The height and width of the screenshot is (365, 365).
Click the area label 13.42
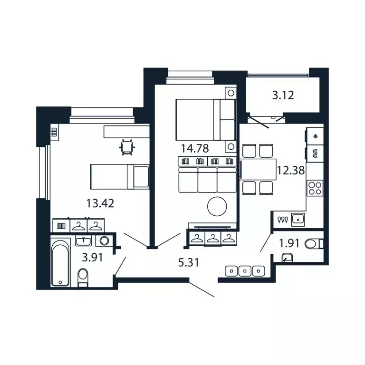pos(100,204)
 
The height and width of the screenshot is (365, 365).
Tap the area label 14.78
pos(194,148)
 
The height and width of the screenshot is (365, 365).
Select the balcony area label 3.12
pos(283,95)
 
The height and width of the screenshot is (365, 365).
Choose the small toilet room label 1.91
pos(288,244)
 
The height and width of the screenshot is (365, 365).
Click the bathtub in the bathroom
pos(60,263)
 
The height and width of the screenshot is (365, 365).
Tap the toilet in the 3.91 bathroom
pos(83,277)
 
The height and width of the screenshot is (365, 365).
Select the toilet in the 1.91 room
pos(314,244)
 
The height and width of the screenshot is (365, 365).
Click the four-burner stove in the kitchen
pos(315,188)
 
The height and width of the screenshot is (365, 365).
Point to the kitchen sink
pos(298,219)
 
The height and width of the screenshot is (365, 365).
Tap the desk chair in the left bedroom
pos(127,147)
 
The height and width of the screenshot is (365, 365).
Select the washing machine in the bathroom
pos(104,240)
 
